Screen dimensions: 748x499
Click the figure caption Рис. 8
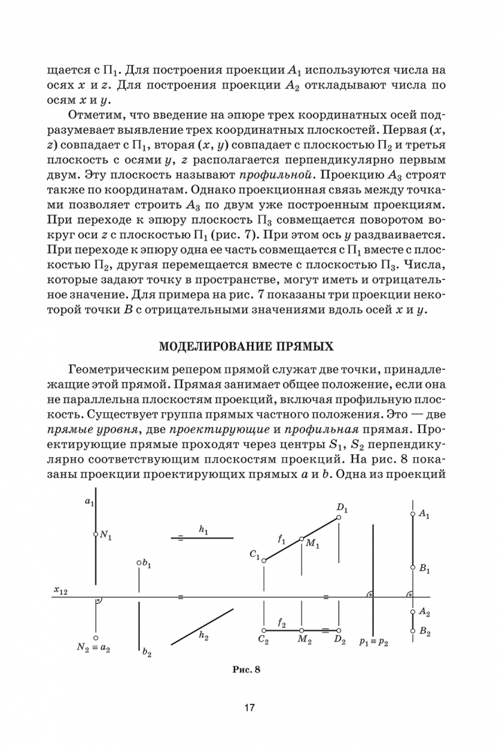tap(249, 669)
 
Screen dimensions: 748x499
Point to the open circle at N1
tap(96, 535)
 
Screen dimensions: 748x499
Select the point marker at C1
tap(264, 560)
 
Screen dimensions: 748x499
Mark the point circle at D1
tap(339, 517)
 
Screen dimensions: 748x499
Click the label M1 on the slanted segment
tap(312, 544)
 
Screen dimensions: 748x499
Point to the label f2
tap(282, 623)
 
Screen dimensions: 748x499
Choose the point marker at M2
tap(302, 630)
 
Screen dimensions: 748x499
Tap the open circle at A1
tap(412, 514)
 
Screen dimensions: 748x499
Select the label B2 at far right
tap(425, 632)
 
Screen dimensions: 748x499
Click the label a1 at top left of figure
tap(89, 501)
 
